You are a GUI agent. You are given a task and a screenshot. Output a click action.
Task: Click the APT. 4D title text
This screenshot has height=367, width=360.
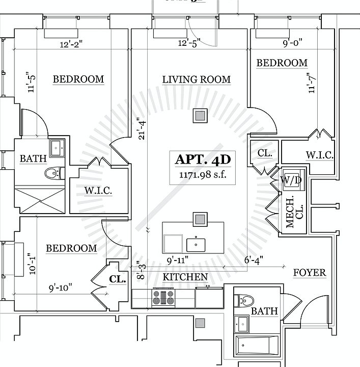203,160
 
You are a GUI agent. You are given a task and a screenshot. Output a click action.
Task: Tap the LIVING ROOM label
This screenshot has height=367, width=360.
196,80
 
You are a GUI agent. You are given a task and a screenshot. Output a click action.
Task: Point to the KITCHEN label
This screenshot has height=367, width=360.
185,277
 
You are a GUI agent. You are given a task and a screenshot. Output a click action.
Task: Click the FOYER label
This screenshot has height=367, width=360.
310,273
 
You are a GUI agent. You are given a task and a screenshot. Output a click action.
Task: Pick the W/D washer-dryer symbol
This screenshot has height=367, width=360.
292,180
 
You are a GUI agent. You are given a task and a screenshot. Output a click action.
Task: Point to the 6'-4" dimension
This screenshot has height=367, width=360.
253,259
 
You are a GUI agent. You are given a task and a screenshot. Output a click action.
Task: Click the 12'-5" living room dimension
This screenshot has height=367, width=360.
189,43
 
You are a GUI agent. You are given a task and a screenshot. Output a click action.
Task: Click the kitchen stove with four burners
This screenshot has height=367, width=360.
163,297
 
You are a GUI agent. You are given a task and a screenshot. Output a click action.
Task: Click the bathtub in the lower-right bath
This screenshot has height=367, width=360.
257,346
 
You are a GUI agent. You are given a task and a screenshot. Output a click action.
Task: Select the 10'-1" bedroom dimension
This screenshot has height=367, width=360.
32,264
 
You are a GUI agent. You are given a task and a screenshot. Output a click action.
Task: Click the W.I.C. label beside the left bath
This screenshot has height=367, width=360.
98,191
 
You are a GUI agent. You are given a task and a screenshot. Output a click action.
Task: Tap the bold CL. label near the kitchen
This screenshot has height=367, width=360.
117,279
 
